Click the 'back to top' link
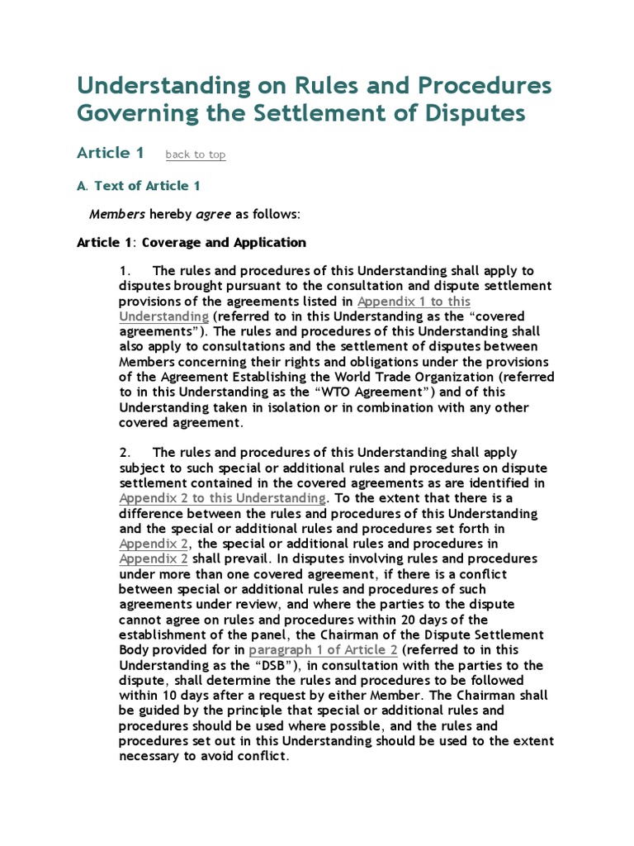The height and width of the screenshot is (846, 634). [196, 154]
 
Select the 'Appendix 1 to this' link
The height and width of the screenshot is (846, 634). [414, 302]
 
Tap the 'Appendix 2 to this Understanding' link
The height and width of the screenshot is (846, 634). [222, 498]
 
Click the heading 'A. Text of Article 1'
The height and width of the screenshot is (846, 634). [139, 186]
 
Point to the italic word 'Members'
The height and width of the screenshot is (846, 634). [117, 215]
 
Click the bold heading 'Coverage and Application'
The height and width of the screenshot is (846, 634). [225, 243]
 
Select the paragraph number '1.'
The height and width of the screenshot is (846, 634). [125, 271]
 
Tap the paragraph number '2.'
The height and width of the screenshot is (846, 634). [125, 453]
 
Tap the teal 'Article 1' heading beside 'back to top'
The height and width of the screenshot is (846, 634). [111, 153]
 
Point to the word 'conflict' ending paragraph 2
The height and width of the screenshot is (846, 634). [262, 757]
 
